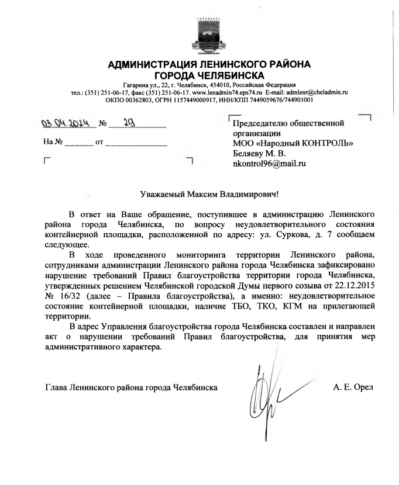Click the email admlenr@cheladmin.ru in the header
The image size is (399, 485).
pyautogui.click(x=316, y=92)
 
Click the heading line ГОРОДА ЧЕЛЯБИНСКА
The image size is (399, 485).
pyautogui.click(x=209, y=75)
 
